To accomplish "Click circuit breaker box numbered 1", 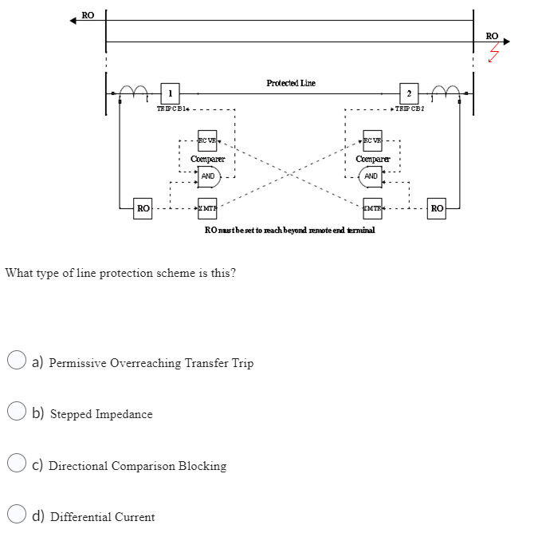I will [168, 93].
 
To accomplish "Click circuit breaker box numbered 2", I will [407, 93].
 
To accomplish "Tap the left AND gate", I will [207, 176].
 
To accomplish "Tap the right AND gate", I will [371, 176].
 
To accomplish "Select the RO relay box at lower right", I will [437, 209].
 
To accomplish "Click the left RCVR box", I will [207, 140].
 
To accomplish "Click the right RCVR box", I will [372, 140].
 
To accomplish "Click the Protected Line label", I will [291, 83].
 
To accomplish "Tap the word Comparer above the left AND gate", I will [207, 159].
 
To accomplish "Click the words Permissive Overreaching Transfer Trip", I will [151, 363].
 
